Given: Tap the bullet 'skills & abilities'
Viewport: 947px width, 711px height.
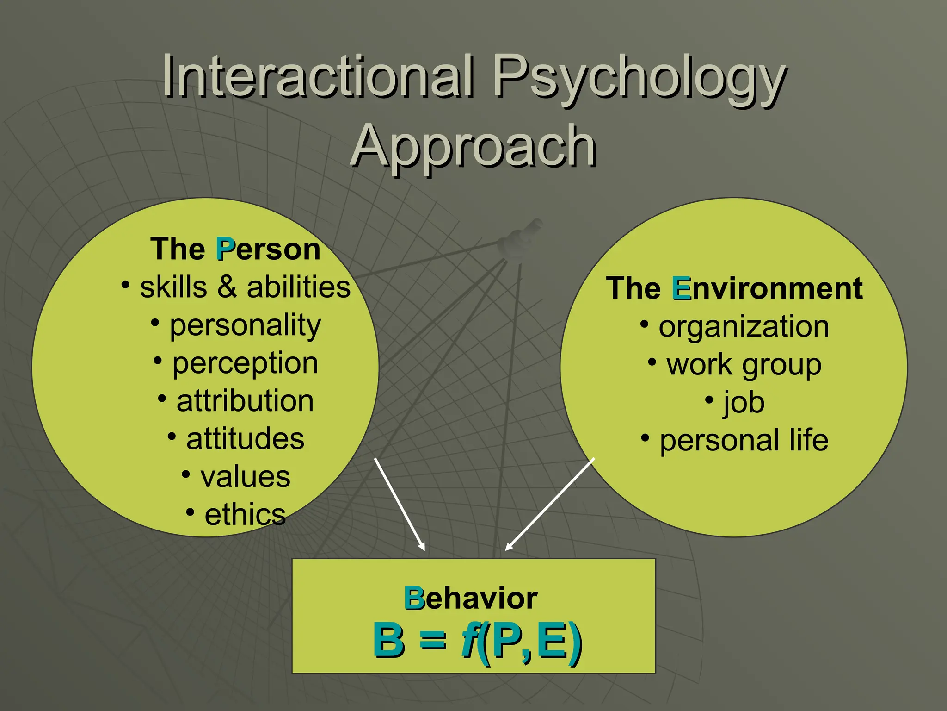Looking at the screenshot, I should point(245,287).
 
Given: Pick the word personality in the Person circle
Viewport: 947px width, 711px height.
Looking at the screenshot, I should point(245,326).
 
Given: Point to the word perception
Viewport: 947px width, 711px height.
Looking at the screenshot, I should point(245,364).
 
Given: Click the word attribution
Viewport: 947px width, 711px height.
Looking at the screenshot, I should point(245,401).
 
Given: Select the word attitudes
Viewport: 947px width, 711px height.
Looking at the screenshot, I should point(245,439).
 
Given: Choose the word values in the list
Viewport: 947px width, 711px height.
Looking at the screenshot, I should point(245,477).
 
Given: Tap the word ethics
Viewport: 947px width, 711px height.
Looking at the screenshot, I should point(245,515).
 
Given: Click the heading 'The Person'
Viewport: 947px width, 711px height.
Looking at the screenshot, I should point(235,249).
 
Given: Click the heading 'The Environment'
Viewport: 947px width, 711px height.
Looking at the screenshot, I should point(734,288).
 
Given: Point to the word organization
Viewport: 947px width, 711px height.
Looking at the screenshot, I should point(744,327).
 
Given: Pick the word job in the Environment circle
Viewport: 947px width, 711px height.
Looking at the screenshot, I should point(744,403).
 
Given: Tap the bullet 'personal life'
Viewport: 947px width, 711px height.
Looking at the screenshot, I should point(744,440).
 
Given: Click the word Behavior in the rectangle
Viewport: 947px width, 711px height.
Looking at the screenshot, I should point(471,598).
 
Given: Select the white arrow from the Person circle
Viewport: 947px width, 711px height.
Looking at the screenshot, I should point(400,504).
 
